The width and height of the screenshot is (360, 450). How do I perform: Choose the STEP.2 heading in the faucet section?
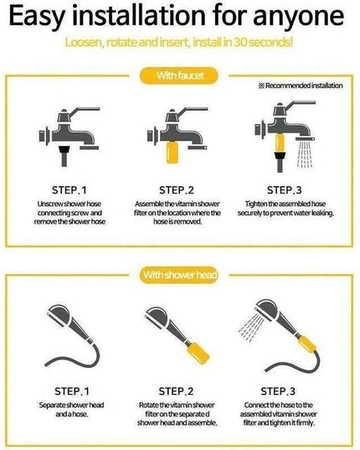(179, 189)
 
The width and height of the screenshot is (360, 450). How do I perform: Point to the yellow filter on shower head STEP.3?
(285, 336)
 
